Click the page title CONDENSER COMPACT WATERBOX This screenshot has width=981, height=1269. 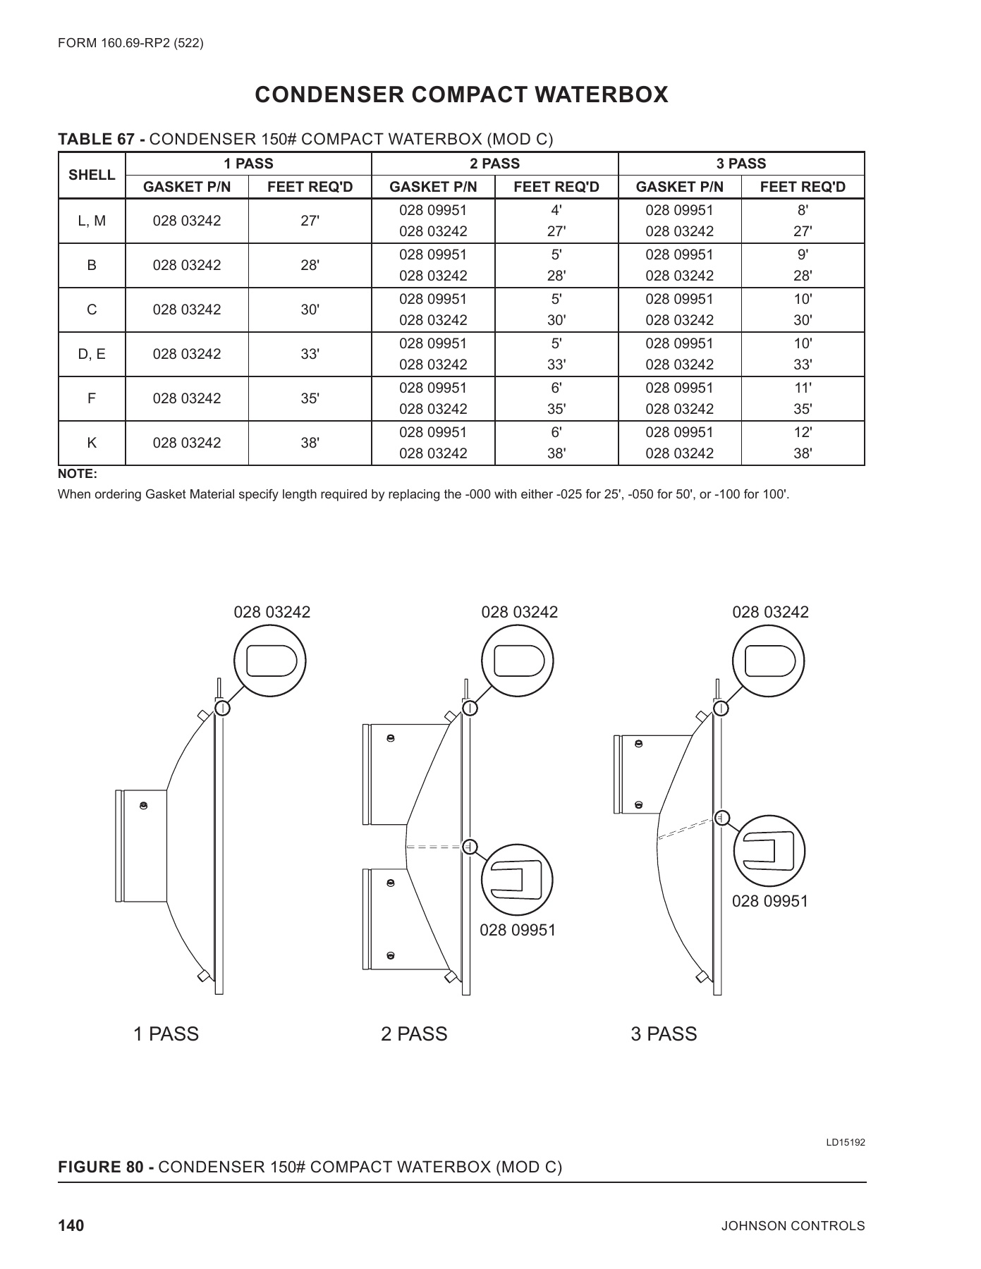click(x=461, y=95)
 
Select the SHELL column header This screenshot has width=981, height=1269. click(x=92, y=175)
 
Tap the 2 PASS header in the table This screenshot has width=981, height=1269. click(x=494, y=164)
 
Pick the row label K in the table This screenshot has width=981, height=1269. click(x=92, y=443)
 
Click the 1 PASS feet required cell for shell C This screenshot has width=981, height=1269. click(x=310, y=309)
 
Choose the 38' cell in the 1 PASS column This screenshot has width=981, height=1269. click(x=310, y=443)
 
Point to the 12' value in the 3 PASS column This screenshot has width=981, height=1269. click(x=803, y=432)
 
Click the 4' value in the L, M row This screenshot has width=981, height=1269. click(x=556, y=210)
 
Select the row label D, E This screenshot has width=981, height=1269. click(x=92, y=354)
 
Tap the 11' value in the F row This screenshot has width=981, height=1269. click(x=803, y=388)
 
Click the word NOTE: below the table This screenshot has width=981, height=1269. click(x=77, y=474)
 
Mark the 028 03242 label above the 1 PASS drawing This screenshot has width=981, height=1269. click(x=272, y=612)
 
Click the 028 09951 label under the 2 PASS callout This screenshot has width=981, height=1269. click(x=518, y=931)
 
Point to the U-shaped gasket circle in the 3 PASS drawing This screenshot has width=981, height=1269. click(x=769, y=851)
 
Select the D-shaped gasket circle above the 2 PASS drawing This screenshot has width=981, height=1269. click(x=518, y=660)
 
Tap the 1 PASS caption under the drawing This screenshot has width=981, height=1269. click(x=166, y=1034)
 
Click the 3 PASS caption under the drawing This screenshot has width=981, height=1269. click(x=664, y=1034)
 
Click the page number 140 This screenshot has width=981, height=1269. click(x=71, y=1225)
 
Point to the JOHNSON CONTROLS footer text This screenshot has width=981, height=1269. click(x=793, y=1226)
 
